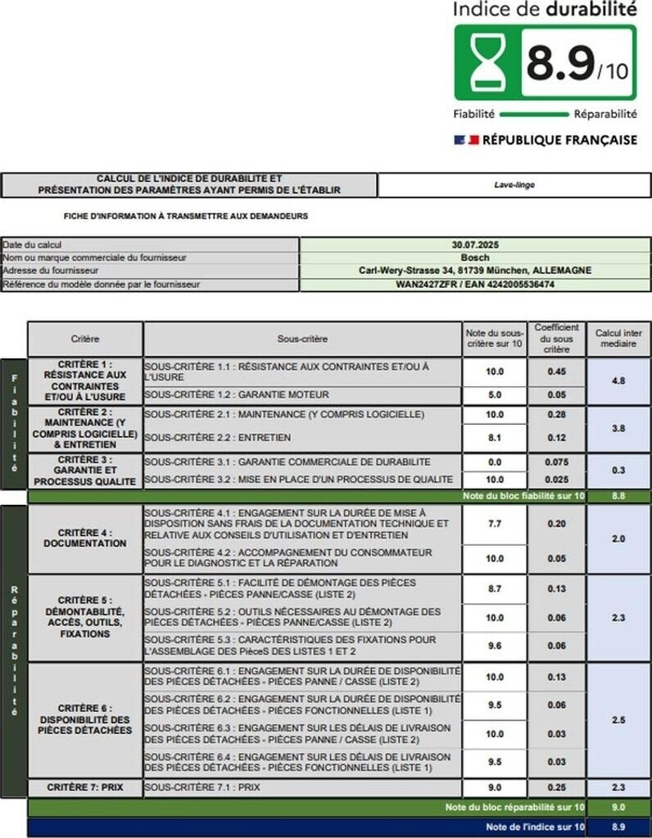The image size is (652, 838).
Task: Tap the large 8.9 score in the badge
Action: [559, 63]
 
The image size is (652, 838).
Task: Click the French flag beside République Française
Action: [465, 140]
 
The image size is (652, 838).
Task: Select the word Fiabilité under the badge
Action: [473, 115]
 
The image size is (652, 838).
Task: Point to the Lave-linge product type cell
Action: [514, 185]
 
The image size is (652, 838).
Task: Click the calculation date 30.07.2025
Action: [475, 245]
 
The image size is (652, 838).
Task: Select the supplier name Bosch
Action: [475, 258]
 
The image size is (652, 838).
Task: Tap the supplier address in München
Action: [475, 271]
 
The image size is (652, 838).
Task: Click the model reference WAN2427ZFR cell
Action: [475, 284]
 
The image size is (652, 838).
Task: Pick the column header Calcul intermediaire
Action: [618, 339]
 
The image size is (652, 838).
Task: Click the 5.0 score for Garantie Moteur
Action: [495, 394]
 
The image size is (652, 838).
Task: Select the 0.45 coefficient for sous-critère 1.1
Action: [556, 371]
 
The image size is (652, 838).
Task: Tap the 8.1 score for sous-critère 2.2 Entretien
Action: [495, 438]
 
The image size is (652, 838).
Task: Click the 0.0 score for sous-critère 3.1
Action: [495, 462]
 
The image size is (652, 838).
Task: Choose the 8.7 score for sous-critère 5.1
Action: [495, 589]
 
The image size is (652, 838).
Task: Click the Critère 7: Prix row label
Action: [85, 787]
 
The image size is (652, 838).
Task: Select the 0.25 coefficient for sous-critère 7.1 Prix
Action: [556, 787]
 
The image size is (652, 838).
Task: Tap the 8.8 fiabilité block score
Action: [618, 496]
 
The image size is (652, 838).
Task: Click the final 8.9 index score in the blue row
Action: [618, 827]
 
